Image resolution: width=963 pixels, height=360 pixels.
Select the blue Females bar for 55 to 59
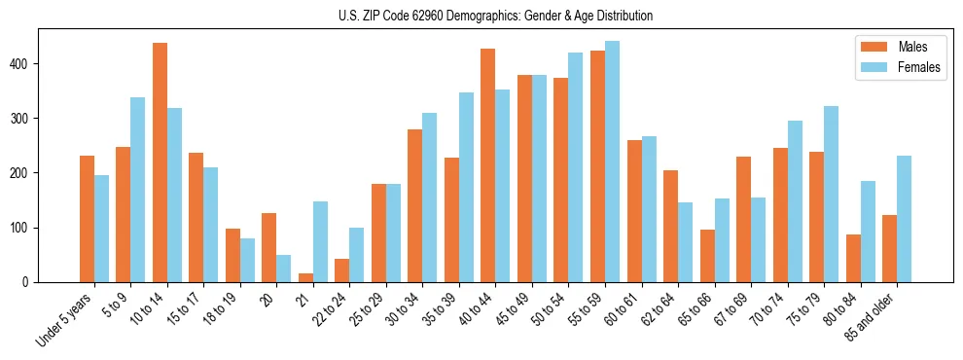click(612, 162)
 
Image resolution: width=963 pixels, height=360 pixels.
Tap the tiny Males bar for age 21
click(305, 278)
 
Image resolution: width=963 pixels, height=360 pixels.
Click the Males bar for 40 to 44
click(488, 165)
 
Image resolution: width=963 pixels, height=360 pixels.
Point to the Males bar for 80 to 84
click(853, 258)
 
